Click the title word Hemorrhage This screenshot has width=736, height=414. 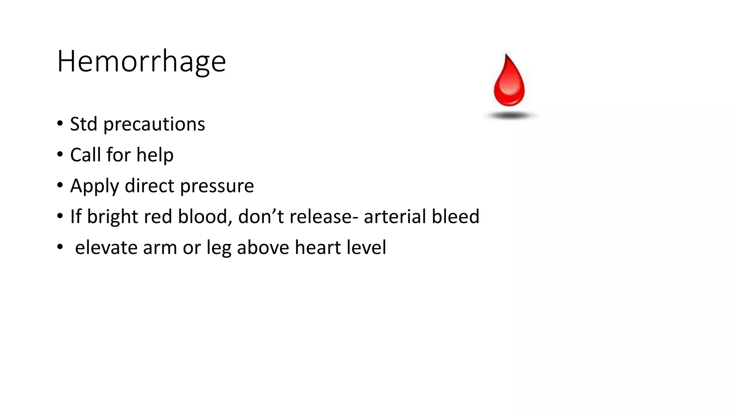tap(141, 62)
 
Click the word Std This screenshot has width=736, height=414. tap(83, 124)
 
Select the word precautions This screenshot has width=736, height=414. tap(154, 125)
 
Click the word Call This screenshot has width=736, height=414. tap(85, 155)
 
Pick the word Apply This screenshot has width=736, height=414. tap(94, 187)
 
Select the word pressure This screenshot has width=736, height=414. tap(217, 187)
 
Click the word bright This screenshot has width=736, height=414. tap(112, 217)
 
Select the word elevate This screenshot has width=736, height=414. tap(106, 248)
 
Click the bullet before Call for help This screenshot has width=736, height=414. tap(60, 155)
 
